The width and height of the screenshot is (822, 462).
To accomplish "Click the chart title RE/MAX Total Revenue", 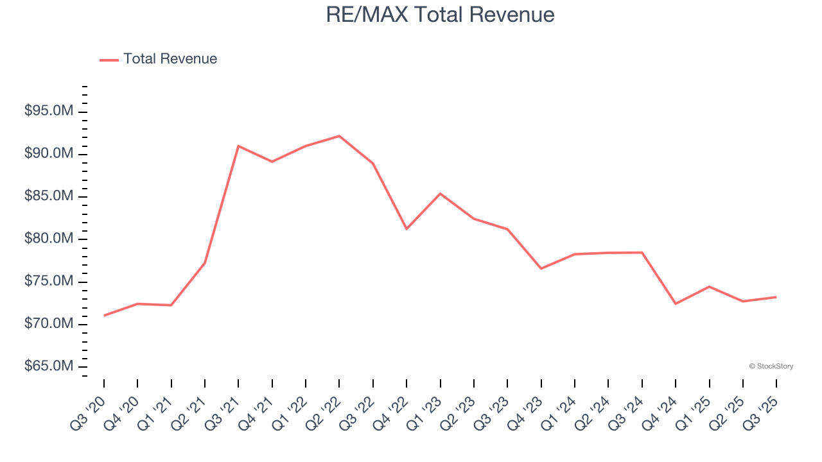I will click(x=440, y=15).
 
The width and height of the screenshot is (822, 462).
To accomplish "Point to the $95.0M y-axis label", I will click(x=49, y=112).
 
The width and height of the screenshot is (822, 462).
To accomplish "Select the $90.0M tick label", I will click(x=49, y=154).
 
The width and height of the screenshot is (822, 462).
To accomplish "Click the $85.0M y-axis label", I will click(x=49, y=196).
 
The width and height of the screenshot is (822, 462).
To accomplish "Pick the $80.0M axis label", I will click(x=49, y=239).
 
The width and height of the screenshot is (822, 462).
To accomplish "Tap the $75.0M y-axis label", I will click(x=49, y=282).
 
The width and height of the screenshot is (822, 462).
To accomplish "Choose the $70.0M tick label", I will click(x=49, y=324).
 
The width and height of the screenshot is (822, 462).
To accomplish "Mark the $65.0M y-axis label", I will click(x=49, y=366).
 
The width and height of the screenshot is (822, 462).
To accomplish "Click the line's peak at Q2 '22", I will click(x=339, y=136).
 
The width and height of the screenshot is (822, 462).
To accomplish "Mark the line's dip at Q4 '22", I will click(x=407, y=229).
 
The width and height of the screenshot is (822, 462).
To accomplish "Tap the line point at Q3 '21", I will click(x=238, y=146).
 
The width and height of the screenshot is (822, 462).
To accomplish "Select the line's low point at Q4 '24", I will click(x=676, y=304).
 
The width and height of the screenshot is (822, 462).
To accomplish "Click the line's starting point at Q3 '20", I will click(x=104, y=315).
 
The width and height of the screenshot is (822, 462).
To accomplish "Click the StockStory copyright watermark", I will click(x=771, y=366).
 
